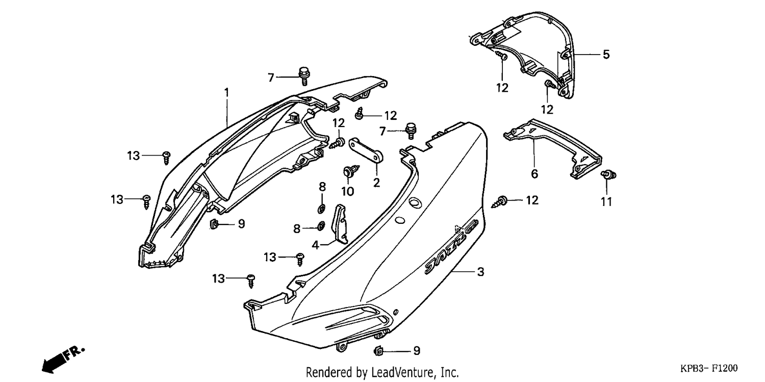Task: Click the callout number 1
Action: click(x=226, y=92)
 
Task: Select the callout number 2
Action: click(x=376, y=183)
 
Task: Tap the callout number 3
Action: click(x=480, y=272)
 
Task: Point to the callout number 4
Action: click(x=315, y=245)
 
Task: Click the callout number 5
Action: click(x=606, y=54)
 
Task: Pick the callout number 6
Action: click(x=534, y=174)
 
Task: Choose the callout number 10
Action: click(x=348, y=192)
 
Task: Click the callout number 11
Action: click(x=606, y=202)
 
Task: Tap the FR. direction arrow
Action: click(x=63, y=361)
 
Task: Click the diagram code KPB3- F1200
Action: click(x=709, y=368)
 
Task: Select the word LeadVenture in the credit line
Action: click(x=403, y=372)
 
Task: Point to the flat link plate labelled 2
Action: click(x=366, y=150)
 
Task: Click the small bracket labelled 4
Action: click(x=340, y=223)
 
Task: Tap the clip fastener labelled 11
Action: click(x=608, y=175)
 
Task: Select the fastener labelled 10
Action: click(x=351, y=170)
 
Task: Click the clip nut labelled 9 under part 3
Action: click(x=378, y=350)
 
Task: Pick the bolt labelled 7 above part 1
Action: click(x=303, y=76)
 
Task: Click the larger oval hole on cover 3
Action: click(x=415, y=203)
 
